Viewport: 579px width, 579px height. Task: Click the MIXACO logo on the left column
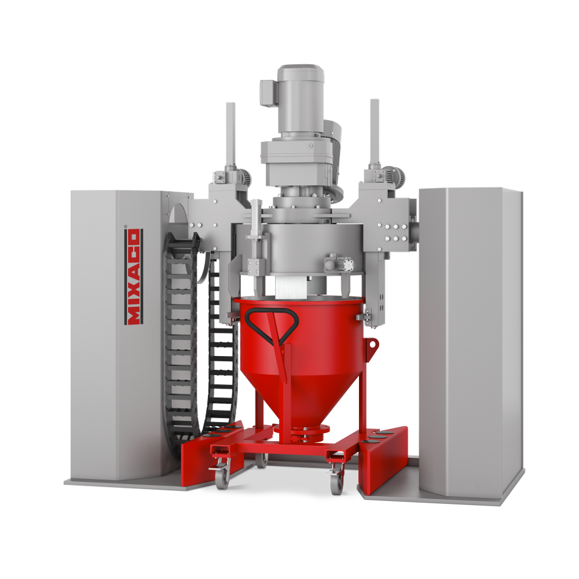pos(133,276)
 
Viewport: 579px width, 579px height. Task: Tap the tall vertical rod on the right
pos(375,133)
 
